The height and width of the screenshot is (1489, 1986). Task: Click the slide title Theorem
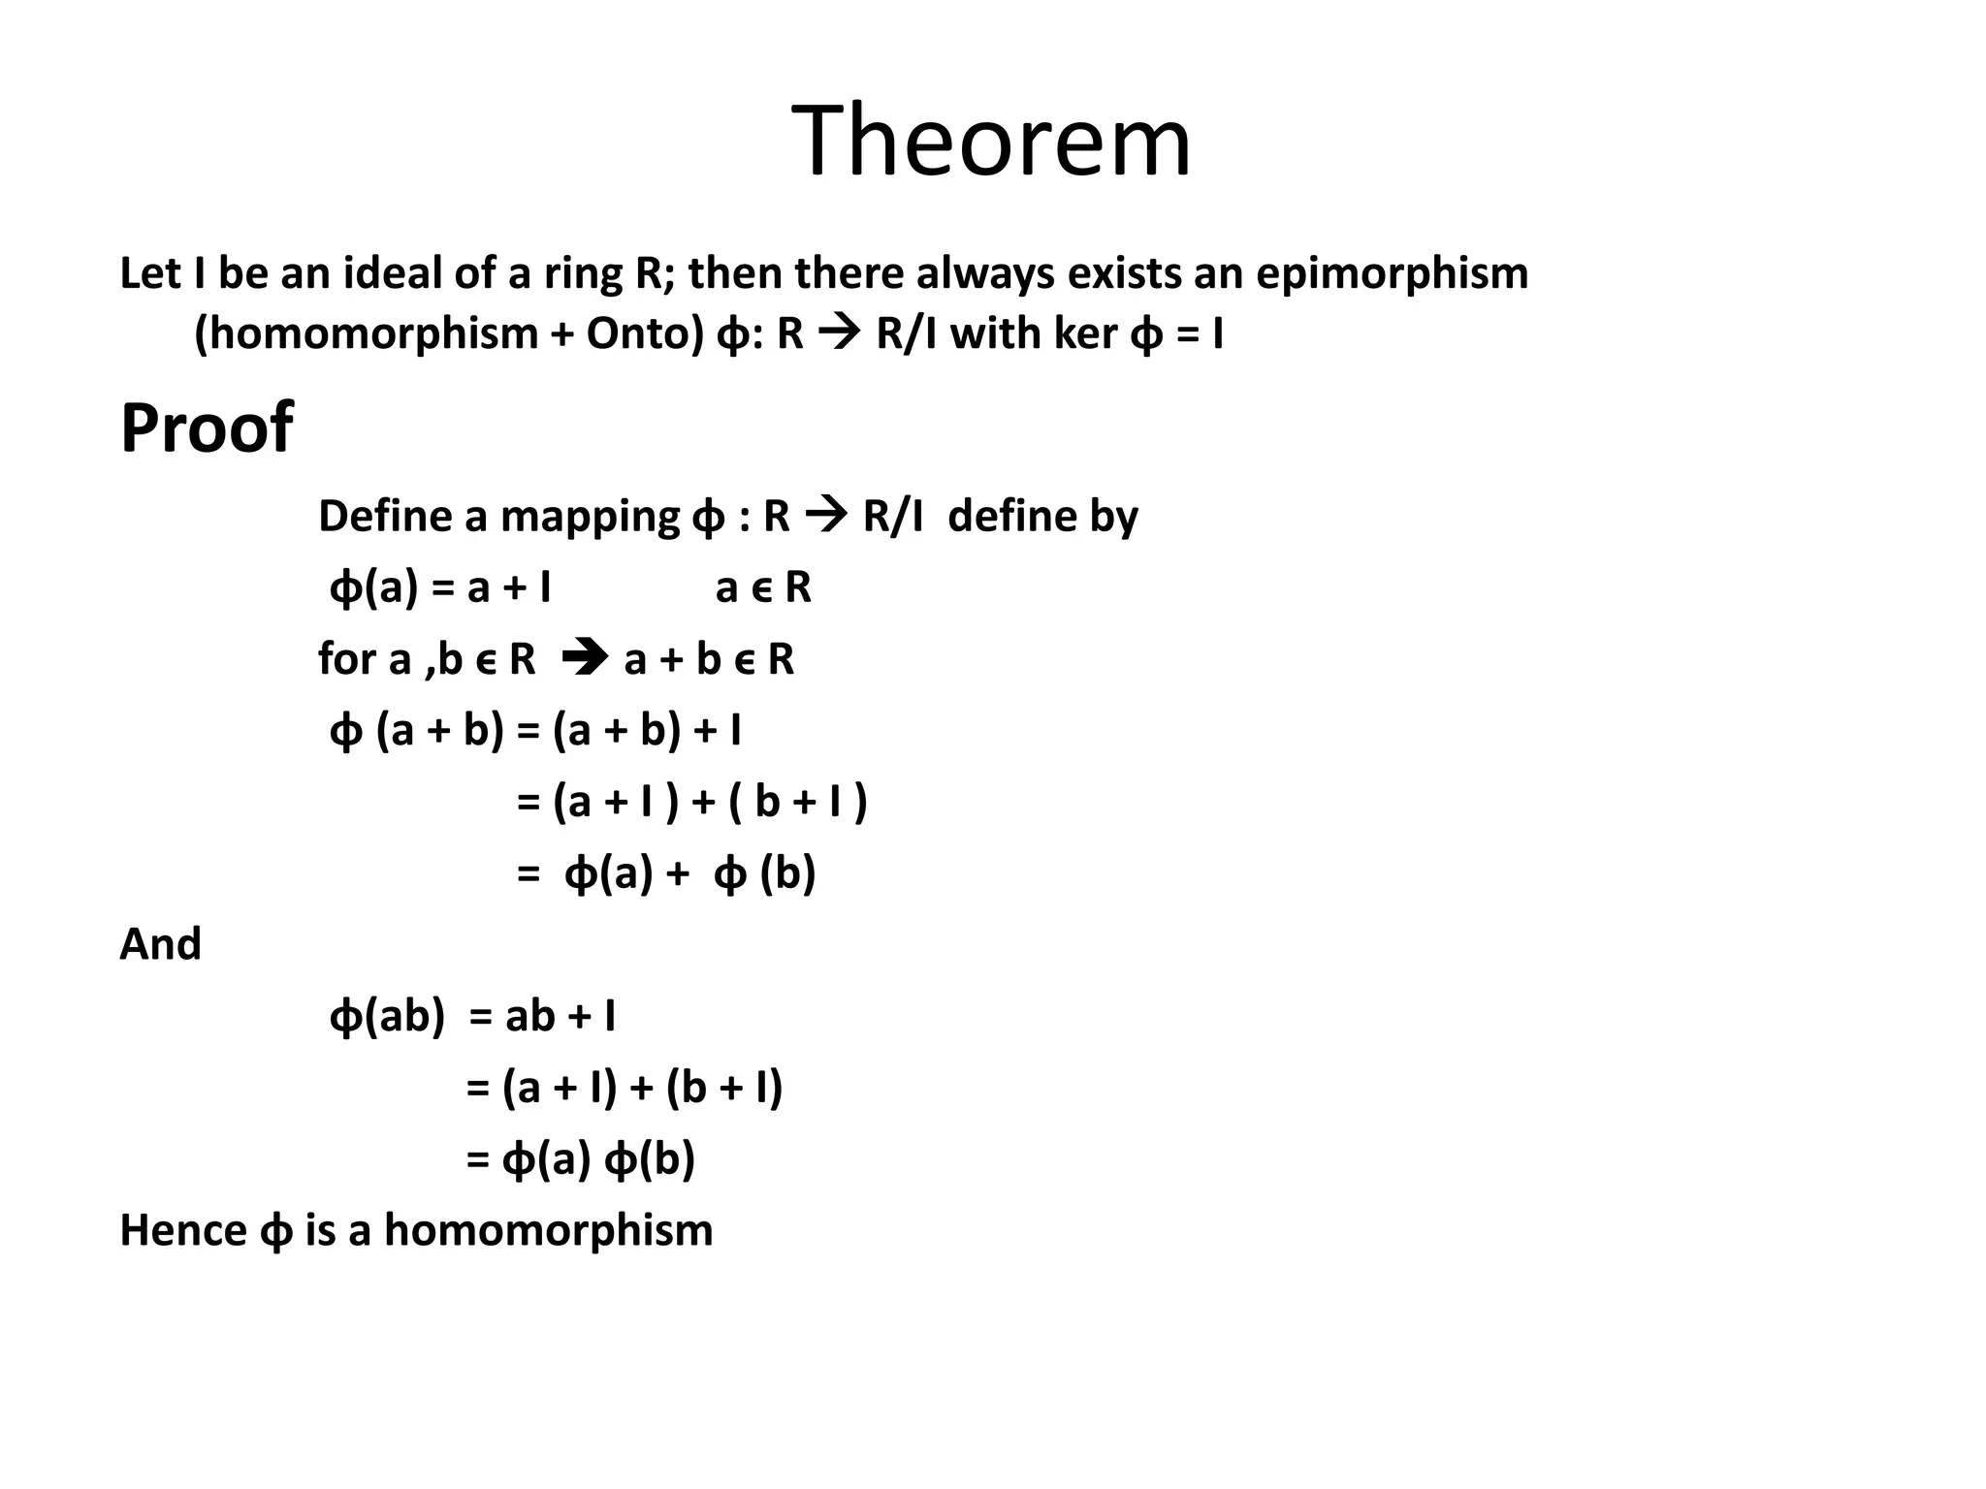[x=991, y=142]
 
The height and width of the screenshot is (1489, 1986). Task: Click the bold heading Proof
[x=206, y=428]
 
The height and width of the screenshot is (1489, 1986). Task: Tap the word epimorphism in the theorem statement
[x=1392, y=274]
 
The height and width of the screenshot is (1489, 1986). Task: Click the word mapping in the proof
[x=590, y=517]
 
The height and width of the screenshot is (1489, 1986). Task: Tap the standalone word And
[x=160, y=944]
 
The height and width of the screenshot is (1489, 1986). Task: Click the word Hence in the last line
[x=182, y=1230]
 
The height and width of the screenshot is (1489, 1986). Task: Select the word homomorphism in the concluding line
[x=548, y=1230]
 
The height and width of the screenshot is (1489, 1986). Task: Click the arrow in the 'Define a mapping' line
[x=826, y=516]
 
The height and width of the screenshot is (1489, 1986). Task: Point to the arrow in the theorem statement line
[x=840, y=334]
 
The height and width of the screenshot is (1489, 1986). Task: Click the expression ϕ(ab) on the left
[x=386, y=1017]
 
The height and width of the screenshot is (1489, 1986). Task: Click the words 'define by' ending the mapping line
[x=1042, y=517]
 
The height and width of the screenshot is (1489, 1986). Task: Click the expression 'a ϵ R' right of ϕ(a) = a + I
[x=763, y=587]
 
